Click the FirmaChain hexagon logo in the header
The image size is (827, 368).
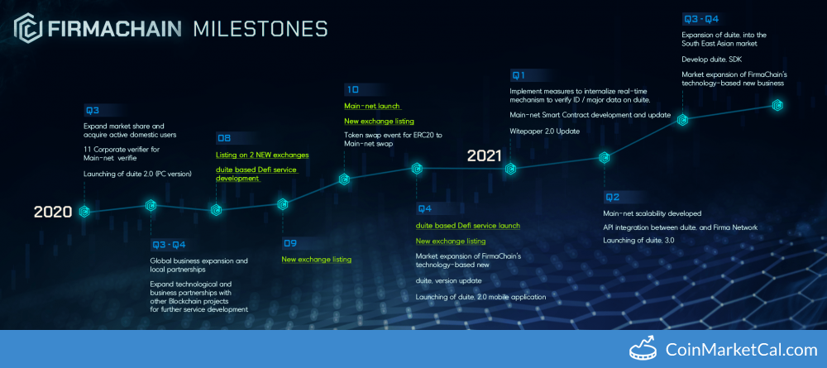[x=28, y=28]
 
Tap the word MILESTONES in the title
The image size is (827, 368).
[x=261, y=28]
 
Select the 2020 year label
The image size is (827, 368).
[x=53, y=212]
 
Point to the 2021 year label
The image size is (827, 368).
[x=484, y=155]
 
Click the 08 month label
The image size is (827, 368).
[x=223, y=139]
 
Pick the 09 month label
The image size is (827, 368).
[x=289, y=243]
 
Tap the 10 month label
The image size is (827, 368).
[x=351, y=89]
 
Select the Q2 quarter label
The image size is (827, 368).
[x=612, y=198]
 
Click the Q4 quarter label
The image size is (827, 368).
[x=424, y=208]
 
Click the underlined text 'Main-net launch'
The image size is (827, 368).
[x=372, y=106]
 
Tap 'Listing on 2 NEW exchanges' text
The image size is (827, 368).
[x=262, y=155]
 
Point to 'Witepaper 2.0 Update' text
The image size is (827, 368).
[x=545, y=131]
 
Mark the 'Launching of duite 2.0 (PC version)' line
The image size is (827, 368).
[x=137, y=174]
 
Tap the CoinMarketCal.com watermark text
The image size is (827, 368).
[x=741, y=350]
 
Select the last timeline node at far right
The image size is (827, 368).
[x=777, y=106]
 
